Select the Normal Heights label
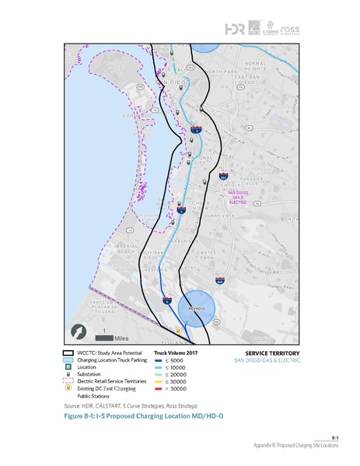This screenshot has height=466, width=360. point(255,66)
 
